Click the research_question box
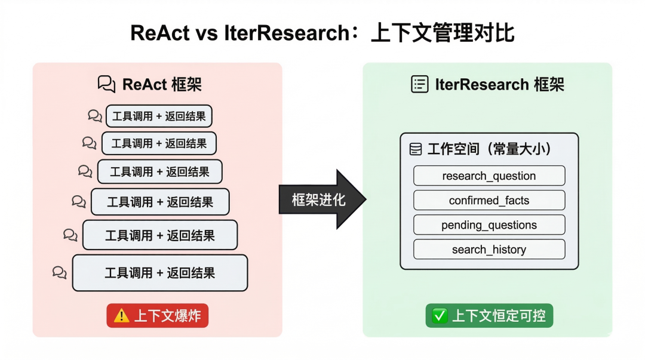coord(489,176)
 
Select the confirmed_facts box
coord(489,201)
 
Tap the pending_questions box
coord(489,224)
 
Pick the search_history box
coord(489,250)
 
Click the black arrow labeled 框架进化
coord(322,199)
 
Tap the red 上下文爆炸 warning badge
coord(158,316)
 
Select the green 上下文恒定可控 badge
coord(489,316)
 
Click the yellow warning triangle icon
coord(121,316)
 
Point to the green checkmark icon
coord(440,316)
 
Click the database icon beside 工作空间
coord(416,149)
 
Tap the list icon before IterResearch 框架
coord(420,84)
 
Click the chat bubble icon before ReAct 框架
coord(106,84)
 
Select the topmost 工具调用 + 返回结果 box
coord(159,116)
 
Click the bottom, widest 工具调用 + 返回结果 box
coord(160,273)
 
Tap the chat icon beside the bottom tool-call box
coord(60,272)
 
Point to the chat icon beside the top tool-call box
coord(95,116)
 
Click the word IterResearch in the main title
coord(287,33)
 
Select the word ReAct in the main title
coord(160,33)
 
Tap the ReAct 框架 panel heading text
coord(162,84)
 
